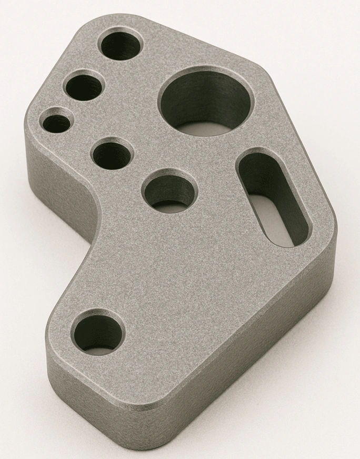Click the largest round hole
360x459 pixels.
(x=205, y=103)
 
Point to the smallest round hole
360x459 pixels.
(x=57, y=123)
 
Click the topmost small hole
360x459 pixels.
(x=121, y=45)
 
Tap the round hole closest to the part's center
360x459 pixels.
(x=169, y=191)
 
